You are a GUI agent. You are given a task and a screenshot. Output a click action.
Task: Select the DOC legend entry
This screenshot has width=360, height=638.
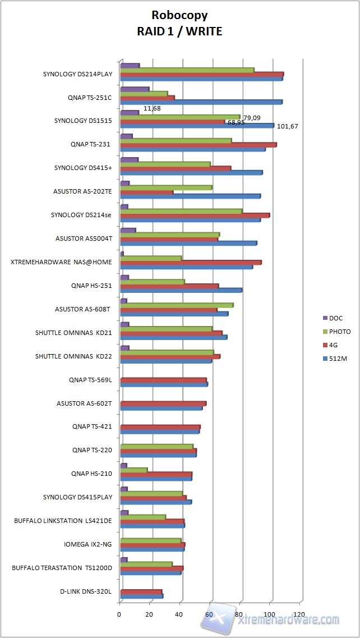coord(336,318)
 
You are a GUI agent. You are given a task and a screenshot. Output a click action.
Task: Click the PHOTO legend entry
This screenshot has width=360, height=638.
coord(340,332)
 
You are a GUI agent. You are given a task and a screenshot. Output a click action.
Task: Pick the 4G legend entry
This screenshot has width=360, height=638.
coord(334,345)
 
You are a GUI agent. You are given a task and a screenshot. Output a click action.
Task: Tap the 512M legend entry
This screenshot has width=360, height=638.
coord(338,359)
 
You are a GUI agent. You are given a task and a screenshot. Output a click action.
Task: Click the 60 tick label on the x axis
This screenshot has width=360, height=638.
coord(210,614)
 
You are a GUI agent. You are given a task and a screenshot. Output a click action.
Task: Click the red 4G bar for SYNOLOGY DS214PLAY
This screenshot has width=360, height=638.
coord(202,74)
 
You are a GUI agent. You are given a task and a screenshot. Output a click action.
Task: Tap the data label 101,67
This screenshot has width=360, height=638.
coord(287,126)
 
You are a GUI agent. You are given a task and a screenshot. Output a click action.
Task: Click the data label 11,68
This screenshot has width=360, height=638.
coord(152,108)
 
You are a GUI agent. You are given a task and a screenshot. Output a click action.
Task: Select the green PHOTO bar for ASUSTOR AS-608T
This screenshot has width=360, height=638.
coord(177,305)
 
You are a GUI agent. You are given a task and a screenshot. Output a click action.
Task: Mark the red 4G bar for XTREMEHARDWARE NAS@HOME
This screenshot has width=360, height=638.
coord(191,263)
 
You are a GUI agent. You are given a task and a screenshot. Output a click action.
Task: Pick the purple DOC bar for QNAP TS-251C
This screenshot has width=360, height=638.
coord(135,89)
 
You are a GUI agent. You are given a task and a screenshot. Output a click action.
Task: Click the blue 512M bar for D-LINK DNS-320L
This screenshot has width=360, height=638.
coord(141,596)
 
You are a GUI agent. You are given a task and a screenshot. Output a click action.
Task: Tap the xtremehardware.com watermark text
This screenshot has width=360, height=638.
coord(288,619)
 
